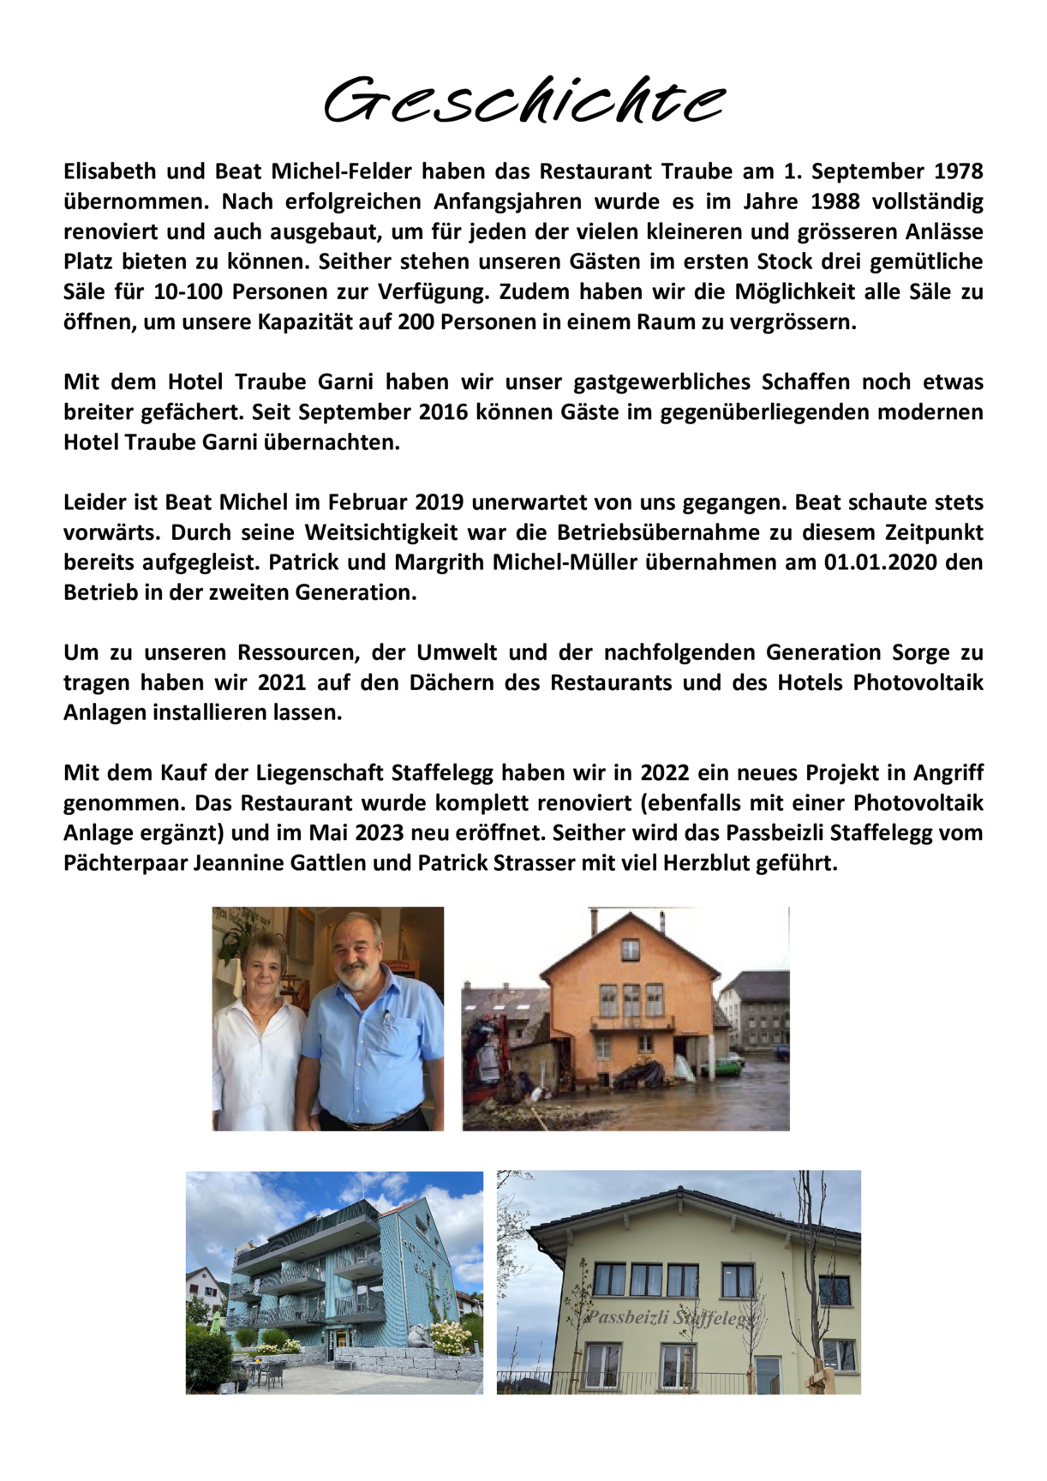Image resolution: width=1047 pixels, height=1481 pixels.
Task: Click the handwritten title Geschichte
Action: pyautogui.click(x=523, y=101)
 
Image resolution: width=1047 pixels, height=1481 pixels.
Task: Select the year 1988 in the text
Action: pyautogui.click(x=835, y=201)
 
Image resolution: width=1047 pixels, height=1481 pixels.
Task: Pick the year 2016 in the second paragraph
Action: pyautogui.click(x=443, y=412)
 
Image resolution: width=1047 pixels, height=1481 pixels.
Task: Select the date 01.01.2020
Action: pyautogui.click(x=886, y=562)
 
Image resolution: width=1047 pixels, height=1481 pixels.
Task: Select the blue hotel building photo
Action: pyautogui.click(x=334, y=1281)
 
